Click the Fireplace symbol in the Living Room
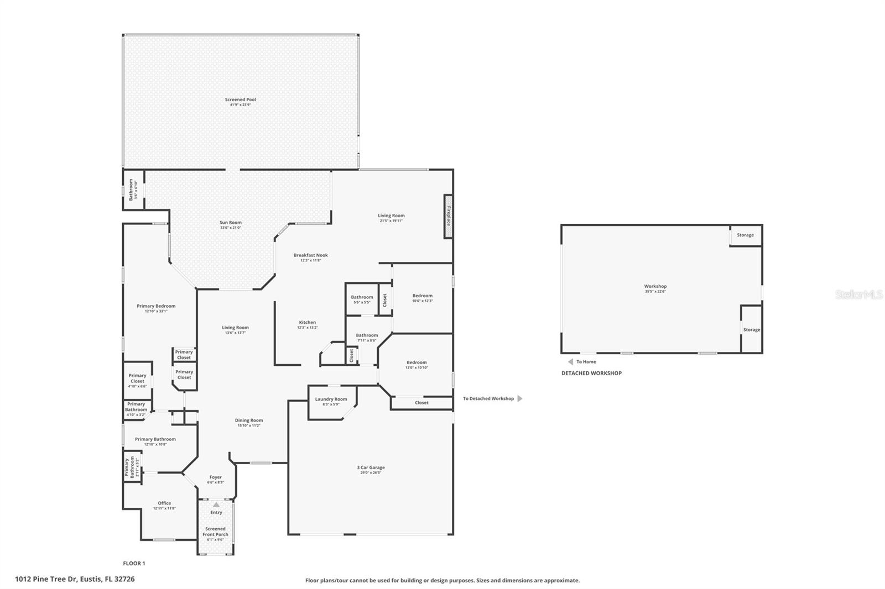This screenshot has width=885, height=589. (448, 217)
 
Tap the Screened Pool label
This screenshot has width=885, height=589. (240, 100)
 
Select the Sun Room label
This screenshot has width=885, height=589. (230, 223)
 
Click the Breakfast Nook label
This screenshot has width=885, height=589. (310, 256)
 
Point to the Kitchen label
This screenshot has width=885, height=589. (308, 323)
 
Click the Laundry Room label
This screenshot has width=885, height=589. (331, 399)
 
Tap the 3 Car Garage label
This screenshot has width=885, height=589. (371, 468)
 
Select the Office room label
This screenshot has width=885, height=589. (164, 503)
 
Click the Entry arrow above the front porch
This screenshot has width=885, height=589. (216, 504)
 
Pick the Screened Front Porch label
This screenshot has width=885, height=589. (215, 532)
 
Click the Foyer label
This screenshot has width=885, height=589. (215, 477)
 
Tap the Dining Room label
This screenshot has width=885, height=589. (249, 420)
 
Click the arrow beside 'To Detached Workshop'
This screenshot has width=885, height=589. (519, 398)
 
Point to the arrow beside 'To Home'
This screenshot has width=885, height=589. (570, 362)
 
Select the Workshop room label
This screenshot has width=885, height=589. (655, 287)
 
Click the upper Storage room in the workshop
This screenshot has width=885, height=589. (745, 235)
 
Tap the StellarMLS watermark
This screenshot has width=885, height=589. (858, 294)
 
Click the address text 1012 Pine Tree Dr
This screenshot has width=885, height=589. (75, 579)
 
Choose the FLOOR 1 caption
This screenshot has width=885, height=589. (134, 564)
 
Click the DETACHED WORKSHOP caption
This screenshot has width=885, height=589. (591, 373)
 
